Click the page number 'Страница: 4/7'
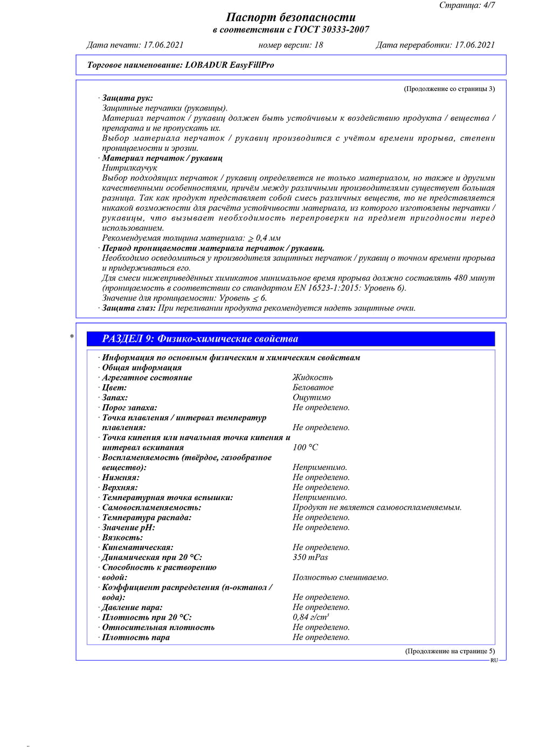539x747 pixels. pos(467,5)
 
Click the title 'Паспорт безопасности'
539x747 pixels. pos(291,17)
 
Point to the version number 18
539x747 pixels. pos(318,45)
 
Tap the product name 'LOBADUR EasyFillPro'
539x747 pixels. pos(230,65)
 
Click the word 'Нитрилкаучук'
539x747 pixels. pos(129,168)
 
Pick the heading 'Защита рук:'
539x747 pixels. pos(127,98)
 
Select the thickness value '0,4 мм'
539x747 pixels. pos(268,238)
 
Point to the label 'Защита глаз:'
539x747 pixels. pos(129,308)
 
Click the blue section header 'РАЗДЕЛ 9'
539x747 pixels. pos(200,339)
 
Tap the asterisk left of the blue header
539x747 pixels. pos(72,337)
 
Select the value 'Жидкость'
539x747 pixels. pos(313,378)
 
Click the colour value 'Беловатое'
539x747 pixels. pos(313,388)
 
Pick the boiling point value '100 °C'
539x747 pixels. pos(305,447)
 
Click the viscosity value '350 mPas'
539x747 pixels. pos(310,557)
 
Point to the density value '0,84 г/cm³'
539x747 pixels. pos(310,617)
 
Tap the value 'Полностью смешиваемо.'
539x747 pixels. pos(340,577)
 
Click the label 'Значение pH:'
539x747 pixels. pos(128,528)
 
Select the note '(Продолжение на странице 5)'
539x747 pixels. pos(450,651)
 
